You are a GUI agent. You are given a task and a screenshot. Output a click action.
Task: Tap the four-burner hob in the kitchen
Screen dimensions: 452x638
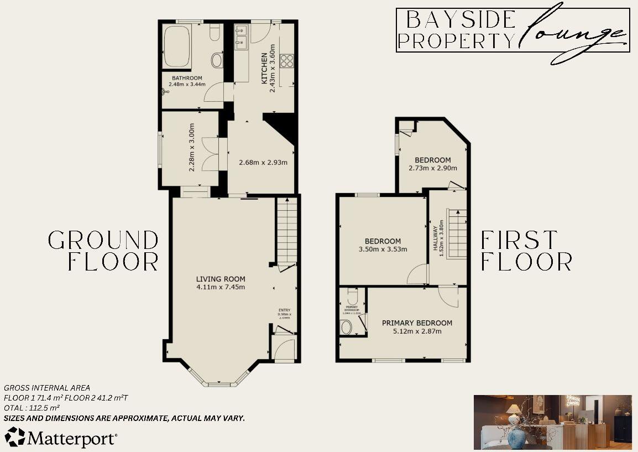pyautogui.click(x=287, y=60)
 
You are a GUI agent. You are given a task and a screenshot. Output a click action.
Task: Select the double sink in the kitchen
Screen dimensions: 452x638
pyautogui.click(x=240, y=37)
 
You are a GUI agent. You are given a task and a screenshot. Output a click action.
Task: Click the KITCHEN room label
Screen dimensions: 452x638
pyautogui.click(x=264, y=68)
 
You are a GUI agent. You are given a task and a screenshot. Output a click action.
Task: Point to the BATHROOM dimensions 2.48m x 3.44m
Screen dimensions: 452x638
pyautogui.click(x=187, y=85)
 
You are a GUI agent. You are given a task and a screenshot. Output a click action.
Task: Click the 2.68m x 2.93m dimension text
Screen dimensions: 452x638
pyautogui.click(x=263, y=162)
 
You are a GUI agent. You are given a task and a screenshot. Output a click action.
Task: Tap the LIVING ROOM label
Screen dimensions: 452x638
pyautogui.click(x=220, y=279)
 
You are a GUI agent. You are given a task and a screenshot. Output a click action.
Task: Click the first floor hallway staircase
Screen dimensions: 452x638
pyautogui.click(x=457, y=232)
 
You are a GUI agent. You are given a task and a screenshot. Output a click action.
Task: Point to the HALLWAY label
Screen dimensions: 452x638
pyautogui.click(x=435, y=236)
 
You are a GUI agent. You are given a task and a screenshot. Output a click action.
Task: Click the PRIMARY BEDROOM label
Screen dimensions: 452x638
pyautogui.click(x=417, y=323)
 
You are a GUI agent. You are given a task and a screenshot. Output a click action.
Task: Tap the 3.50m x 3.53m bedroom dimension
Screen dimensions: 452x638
pyautogui.click(x=383, y=249)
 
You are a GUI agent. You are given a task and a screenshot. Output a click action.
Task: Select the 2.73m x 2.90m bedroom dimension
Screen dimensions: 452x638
pyautogui.click(x=433, y=168)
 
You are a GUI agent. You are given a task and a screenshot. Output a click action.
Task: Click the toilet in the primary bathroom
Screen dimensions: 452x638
pyautogui.click(x=347, y=328)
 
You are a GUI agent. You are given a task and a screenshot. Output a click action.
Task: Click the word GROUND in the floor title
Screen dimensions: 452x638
pyautogui.click(x=103, y=240)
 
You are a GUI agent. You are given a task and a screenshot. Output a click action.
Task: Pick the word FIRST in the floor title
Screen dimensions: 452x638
pyautogui.click(x=519, y=240)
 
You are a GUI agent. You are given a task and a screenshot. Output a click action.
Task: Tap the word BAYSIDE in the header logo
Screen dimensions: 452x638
pyautogui.click(x=461, y=20)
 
